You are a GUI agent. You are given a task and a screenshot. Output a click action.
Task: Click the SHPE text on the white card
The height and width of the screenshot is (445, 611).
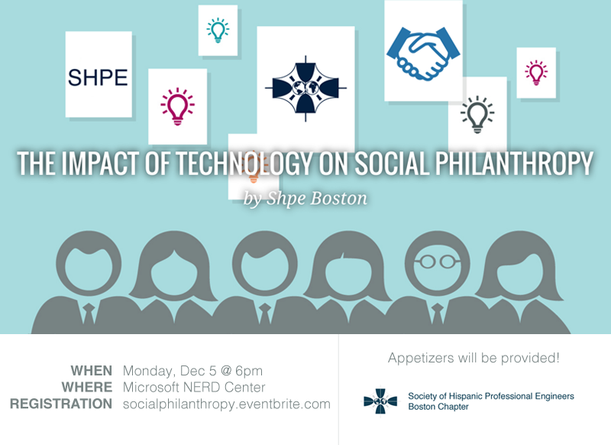(98, 77)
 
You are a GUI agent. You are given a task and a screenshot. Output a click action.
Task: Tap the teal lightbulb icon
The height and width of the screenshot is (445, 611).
(218, 30)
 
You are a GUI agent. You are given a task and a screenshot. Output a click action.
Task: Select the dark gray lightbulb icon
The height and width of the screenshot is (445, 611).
(477, 114)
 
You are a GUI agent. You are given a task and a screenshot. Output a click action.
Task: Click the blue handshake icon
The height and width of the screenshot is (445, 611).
(423, 53)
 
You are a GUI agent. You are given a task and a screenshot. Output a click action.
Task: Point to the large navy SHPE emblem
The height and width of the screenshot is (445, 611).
(305, 89)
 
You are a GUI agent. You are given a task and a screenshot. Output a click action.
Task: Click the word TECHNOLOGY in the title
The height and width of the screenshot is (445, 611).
(243, 163)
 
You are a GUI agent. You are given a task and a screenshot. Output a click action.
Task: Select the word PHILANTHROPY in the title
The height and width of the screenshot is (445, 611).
(513, 163)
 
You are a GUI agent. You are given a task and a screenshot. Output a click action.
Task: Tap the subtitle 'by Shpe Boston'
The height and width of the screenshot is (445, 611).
(305, 198)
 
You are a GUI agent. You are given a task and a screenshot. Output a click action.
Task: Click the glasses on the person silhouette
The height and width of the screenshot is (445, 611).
(437, 261)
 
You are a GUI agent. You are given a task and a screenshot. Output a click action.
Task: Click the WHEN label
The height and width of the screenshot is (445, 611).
(91, 371)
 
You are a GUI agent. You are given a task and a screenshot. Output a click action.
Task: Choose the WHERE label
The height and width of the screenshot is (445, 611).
(86, 388)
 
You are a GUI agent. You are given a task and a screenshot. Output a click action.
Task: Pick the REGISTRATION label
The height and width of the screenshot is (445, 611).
(61, 404)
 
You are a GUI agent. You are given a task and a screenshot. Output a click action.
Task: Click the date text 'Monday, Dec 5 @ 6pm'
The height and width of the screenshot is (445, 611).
(192, 371)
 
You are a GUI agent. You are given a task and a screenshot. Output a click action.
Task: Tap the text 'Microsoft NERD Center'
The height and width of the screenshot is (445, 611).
(194, 388)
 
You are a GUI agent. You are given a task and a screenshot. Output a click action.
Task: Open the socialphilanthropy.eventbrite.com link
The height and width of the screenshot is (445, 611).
(226, 404)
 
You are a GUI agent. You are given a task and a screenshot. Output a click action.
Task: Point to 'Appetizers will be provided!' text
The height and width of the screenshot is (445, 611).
(474, 358)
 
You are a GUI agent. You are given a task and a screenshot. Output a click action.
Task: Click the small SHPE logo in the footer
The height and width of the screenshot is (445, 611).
(380, 401)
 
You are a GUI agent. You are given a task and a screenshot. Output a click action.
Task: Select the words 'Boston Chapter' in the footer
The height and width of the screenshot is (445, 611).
(438, 407)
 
